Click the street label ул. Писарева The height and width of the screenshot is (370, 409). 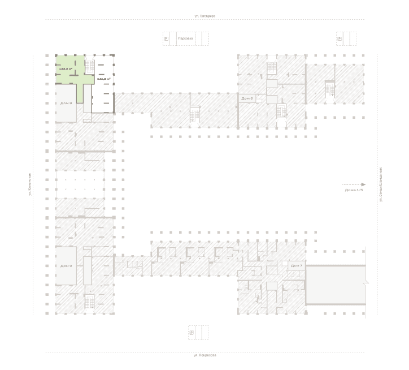204,16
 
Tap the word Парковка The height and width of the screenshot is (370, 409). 185,39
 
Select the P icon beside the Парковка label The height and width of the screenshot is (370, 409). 167,39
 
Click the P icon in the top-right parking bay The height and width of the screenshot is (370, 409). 340,39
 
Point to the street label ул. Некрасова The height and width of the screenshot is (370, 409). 204,355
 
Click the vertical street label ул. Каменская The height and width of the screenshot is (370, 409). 30,184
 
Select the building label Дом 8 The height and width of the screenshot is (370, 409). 66,103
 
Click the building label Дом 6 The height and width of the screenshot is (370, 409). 247,98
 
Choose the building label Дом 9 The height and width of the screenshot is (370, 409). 66,265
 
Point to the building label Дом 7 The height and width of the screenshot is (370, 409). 297,265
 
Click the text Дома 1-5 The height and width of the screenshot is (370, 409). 354,190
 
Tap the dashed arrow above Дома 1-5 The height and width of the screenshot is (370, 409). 354,184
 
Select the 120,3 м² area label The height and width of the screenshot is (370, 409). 66,68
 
